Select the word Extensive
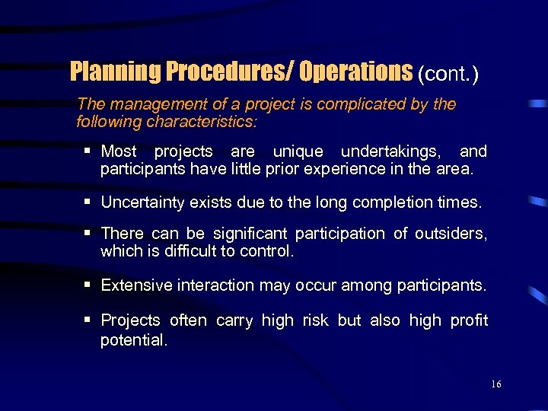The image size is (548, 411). click(135, 285)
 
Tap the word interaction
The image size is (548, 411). click(215, 285)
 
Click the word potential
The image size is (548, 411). click(133, 340)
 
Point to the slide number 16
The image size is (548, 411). click(495, 385)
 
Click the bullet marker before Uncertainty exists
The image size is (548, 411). click(89, 202)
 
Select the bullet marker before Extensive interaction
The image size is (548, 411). click(89, 285)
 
